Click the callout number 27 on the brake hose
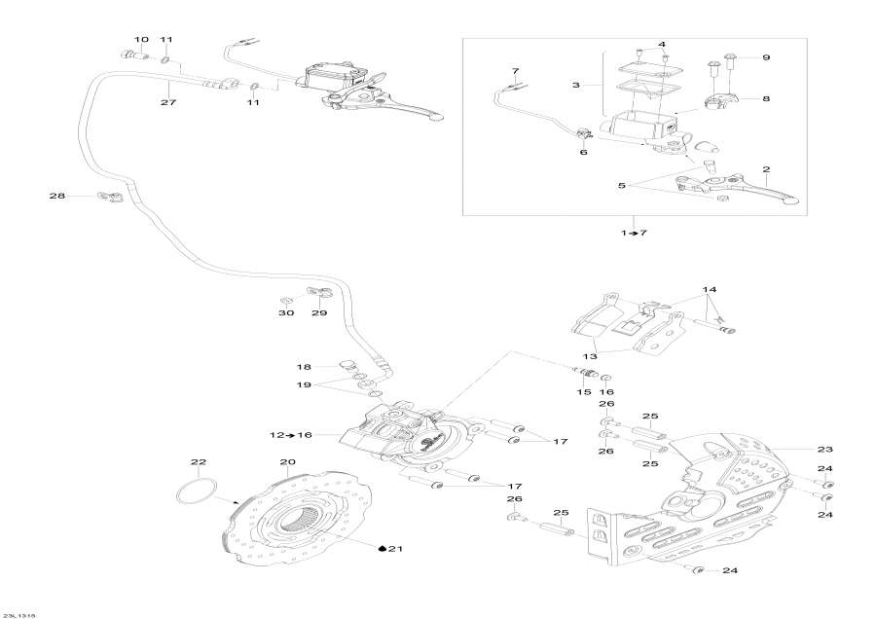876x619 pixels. tap(168, 101)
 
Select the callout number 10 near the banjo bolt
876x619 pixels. tap(141, 40)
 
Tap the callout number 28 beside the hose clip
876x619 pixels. tap(57, 197)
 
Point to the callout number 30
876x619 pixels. tap(285, 313)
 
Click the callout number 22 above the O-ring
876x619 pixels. tap(199, 461)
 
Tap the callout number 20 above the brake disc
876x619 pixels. tap(287, 461)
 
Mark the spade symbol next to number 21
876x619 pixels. tap(381, 549)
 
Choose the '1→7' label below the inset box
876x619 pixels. tap(635, 234)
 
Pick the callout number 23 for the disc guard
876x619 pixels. tap(825, 449)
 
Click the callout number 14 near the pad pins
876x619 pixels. tap(710, 290)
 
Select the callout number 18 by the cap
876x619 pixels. tap(305, 367)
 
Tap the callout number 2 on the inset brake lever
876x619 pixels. tap(766, 170)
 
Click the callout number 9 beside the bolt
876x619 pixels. tap(765, 58)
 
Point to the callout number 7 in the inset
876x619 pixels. tap(516, 72)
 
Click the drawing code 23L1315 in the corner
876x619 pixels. tap(19, 614)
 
